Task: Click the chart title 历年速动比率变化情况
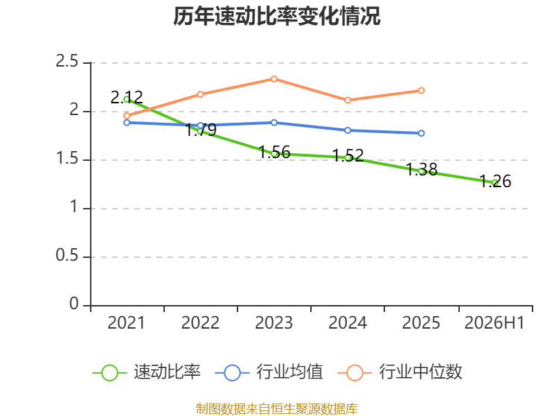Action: (276, 16)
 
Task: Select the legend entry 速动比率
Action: (146, 372)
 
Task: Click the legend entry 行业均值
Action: (269, 372)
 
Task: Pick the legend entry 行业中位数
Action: (400, 372)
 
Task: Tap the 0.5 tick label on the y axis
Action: (66, 255)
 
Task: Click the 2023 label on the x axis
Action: (274, 323)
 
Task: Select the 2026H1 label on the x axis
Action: (494, 323)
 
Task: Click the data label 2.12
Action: (127, 97)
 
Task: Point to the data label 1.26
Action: (495, 181)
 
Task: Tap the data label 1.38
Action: (422, 169)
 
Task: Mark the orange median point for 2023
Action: (274, 79)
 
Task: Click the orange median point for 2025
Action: (421, 91)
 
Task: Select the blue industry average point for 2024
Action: (348, 130)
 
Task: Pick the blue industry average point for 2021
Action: (127, 123)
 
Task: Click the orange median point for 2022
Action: (200, 94)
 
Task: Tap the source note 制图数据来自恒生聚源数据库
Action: (276, 409)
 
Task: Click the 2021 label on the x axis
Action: (127, 323)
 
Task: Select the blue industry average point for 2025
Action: (421, 133)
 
